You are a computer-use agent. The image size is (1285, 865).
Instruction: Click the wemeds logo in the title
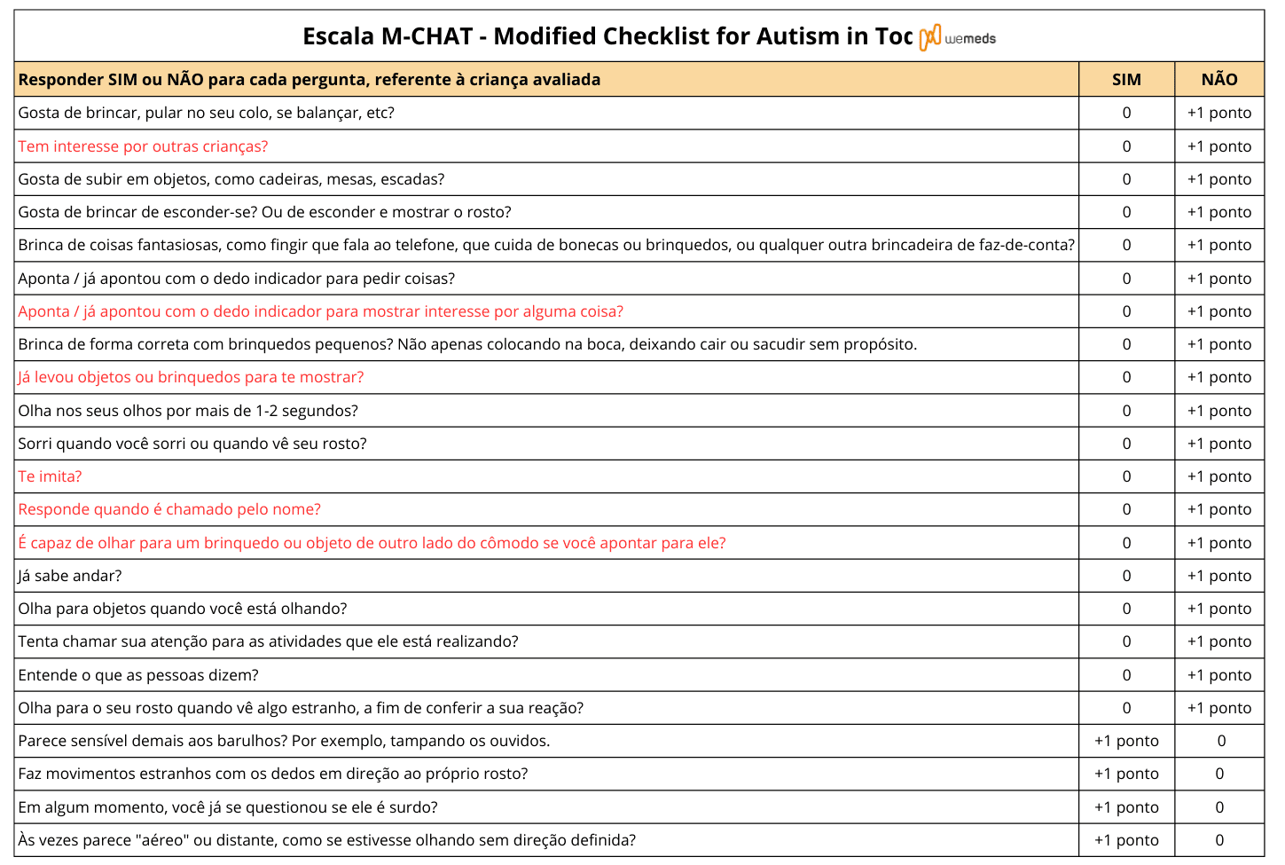pos(958,38)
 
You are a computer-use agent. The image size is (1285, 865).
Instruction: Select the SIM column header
pos(1126,80)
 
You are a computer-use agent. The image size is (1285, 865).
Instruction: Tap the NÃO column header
pos(1219,80)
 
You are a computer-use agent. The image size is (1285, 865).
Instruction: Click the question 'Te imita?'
pos(51,476)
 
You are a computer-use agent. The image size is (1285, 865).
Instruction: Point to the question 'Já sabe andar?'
pos(70,576)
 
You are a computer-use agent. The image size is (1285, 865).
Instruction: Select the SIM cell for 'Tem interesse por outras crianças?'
pos(1126,146)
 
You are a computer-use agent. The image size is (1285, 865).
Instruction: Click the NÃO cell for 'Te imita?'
pos(1219,476)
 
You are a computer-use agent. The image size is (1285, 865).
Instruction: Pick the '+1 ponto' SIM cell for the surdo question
pos(1126,807)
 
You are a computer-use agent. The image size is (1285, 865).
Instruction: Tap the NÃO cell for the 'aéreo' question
pos(1219,840)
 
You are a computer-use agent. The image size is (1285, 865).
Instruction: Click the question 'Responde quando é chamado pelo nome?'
pos(169,509)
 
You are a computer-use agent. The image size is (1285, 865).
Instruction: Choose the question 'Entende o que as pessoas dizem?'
pos(138,675)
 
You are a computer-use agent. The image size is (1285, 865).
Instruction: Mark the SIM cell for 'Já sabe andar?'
pos(1126,576)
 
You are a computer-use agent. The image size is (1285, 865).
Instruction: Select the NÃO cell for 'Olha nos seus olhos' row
pos(1219,411)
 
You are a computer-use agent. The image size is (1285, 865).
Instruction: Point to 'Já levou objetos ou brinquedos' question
pos(191,377)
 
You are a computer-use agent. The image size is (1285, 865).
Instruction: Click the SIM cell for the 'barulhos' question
pos(1126,741)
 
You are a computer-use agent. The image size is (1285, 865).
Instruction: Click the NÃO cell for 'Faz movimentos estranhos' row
pos(1219,774)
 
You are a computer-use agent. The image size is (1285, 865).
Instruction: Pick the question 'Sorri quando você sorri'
pos(192,444)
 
